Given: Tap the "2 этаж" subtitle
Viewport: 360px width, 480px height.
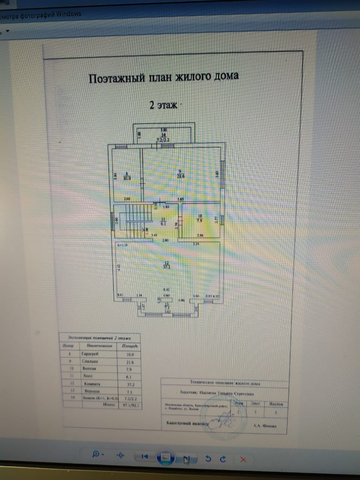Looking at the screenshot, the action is coord(163,105).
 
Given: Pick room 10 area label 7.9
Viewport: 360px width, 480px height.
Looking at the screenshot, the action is coord(199,220).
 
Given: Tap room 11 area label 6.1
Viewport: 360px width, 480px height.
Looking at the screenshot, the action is coord(163,224).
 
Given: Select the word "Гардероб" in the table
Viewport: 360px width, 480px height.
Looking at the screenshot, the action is coord(90,354).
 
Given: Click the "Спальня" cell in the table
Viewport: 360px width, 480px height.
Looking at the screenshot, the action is coord(90,361).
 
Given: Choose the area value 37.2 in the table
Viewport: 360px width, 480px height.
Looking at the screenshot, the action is coord(130,384).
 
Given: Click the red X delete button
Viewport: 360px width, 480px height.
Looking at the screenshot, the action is coord(243,459).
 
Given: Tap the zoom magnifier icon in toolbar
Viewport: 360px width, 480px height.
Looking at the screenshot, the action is coord(96,454).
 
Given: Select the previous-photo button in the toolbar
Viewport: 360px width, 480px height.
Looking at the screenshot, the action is coord(145,456).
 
